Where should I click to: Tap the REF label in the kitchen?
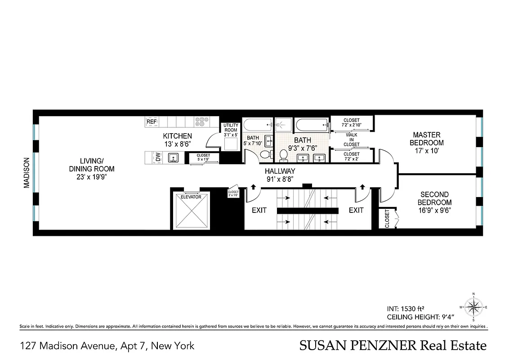pyautogui.click(x=152, y=121)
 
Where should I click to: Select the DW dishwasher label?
pyautogui.click(x=158, y=157)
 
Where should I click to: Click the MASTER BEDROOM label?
pyautogui.click(x=427, y=139)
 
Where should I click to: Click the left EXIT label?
pyautogui.click(x=259, y=210)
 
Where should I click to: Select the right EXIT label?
pyautogui.click(x=356, y=210)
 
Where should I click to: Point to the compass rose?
pyautogui.click(x=473, y=308)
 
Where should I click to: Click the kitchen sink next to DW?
pyautogui.click(x=173, y=157)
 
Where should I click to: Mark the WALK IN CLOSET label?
pyautogui.click(x=352, y=139)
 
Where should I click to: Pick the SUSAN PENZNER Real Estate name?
pyautogui.click(x=393, y=346)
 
